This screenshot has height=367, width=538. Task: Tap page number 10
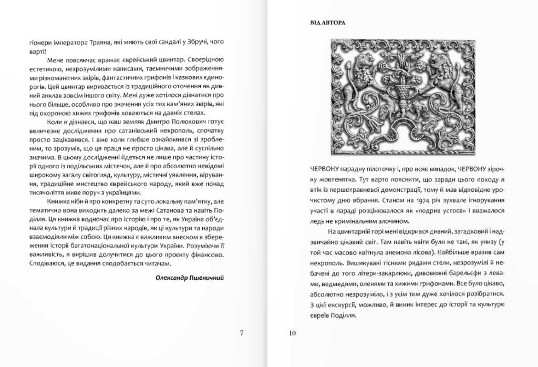tap(293, 332)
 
